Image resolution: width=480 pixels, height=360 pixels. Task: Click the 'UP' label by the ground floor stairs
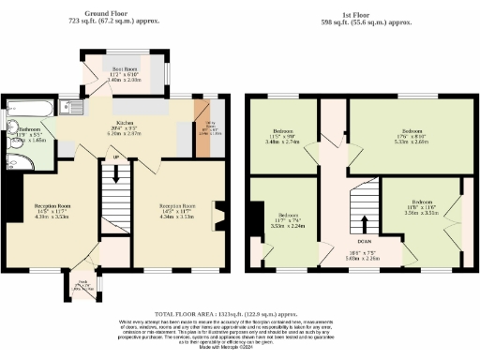tap(116, 157)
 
